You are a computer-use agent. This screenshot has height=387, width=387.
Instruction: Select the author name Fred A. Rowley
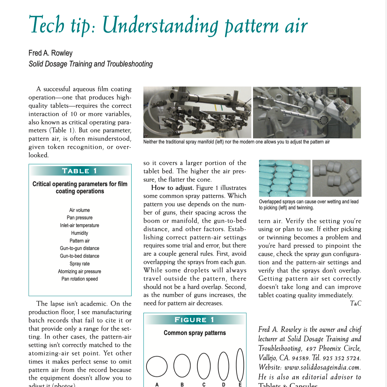[x=50, y=53]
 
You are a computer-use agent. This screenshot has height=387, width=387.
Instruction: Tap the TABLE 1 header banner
[x=80, y=171]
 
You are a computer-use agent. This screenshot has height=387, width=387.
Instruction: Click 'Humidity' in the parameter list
[x=80, y=233]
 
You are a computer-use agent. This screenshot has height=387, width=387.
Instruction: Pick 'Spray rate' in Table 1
[x=80, y=264]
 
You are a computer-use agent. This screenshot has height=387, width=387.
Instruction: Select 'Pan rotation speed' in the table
[x=80, y=279]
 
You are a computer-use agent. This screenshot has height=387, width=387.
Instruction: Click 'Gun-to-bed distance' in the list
[x=80, y=256]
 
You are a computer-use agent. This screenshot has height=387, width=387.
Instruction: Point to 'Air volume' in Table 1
[x=80, y=210]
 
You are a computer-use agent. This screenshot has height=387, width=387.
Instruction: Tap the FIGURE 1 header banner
[x=195, y=320]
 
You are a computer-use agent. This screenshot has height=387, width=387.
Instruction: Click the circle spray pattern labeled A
[x=157, y=366]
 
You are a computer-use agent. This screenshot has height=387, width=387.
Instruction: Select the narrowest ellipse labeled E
[x=240, y=365]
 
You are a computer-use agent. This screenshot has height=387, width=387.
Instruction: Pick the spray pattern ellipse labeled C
[x=204, y=366]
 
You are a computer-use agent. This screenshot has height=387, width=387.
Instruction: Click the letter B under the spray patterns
[x=182, y=385]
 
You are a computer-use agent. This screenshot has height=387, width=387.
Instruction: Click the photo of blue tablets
[x=285, y=178]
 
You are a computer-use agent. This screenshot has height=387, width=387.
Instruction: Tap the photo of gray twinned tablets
[x=337, y=178]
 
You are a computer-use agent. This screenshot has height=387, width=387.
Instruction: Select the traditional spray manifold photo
[x=197, y=112]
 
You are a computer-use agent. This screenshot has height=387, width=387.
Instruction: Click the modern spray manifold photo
[x=307, y=112]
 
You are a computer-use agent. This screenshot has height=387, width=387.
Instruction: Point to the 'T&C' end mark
[x=356, y=303]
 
